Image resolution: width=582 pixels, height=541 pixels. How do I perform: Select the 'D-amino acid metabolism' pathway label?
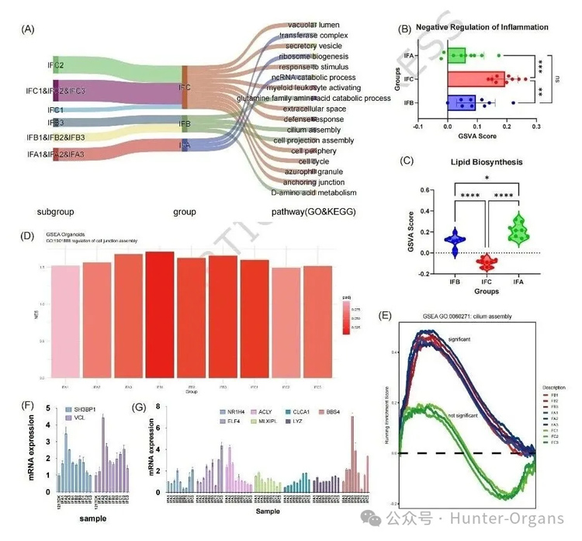pyautogui.click(x=314, y=192)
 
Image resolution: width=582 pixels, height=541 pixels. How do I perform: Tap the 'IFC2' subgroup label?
pyautogui.click(x=56, y=64)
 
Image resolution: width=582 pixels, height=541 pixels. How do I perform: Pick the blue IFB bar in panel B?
pyautogui.click(x=461, y=102)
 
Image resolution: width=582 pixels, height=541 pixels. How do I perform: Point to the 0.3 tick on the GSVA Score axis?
pyautogui.click(x=535, y=123)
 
